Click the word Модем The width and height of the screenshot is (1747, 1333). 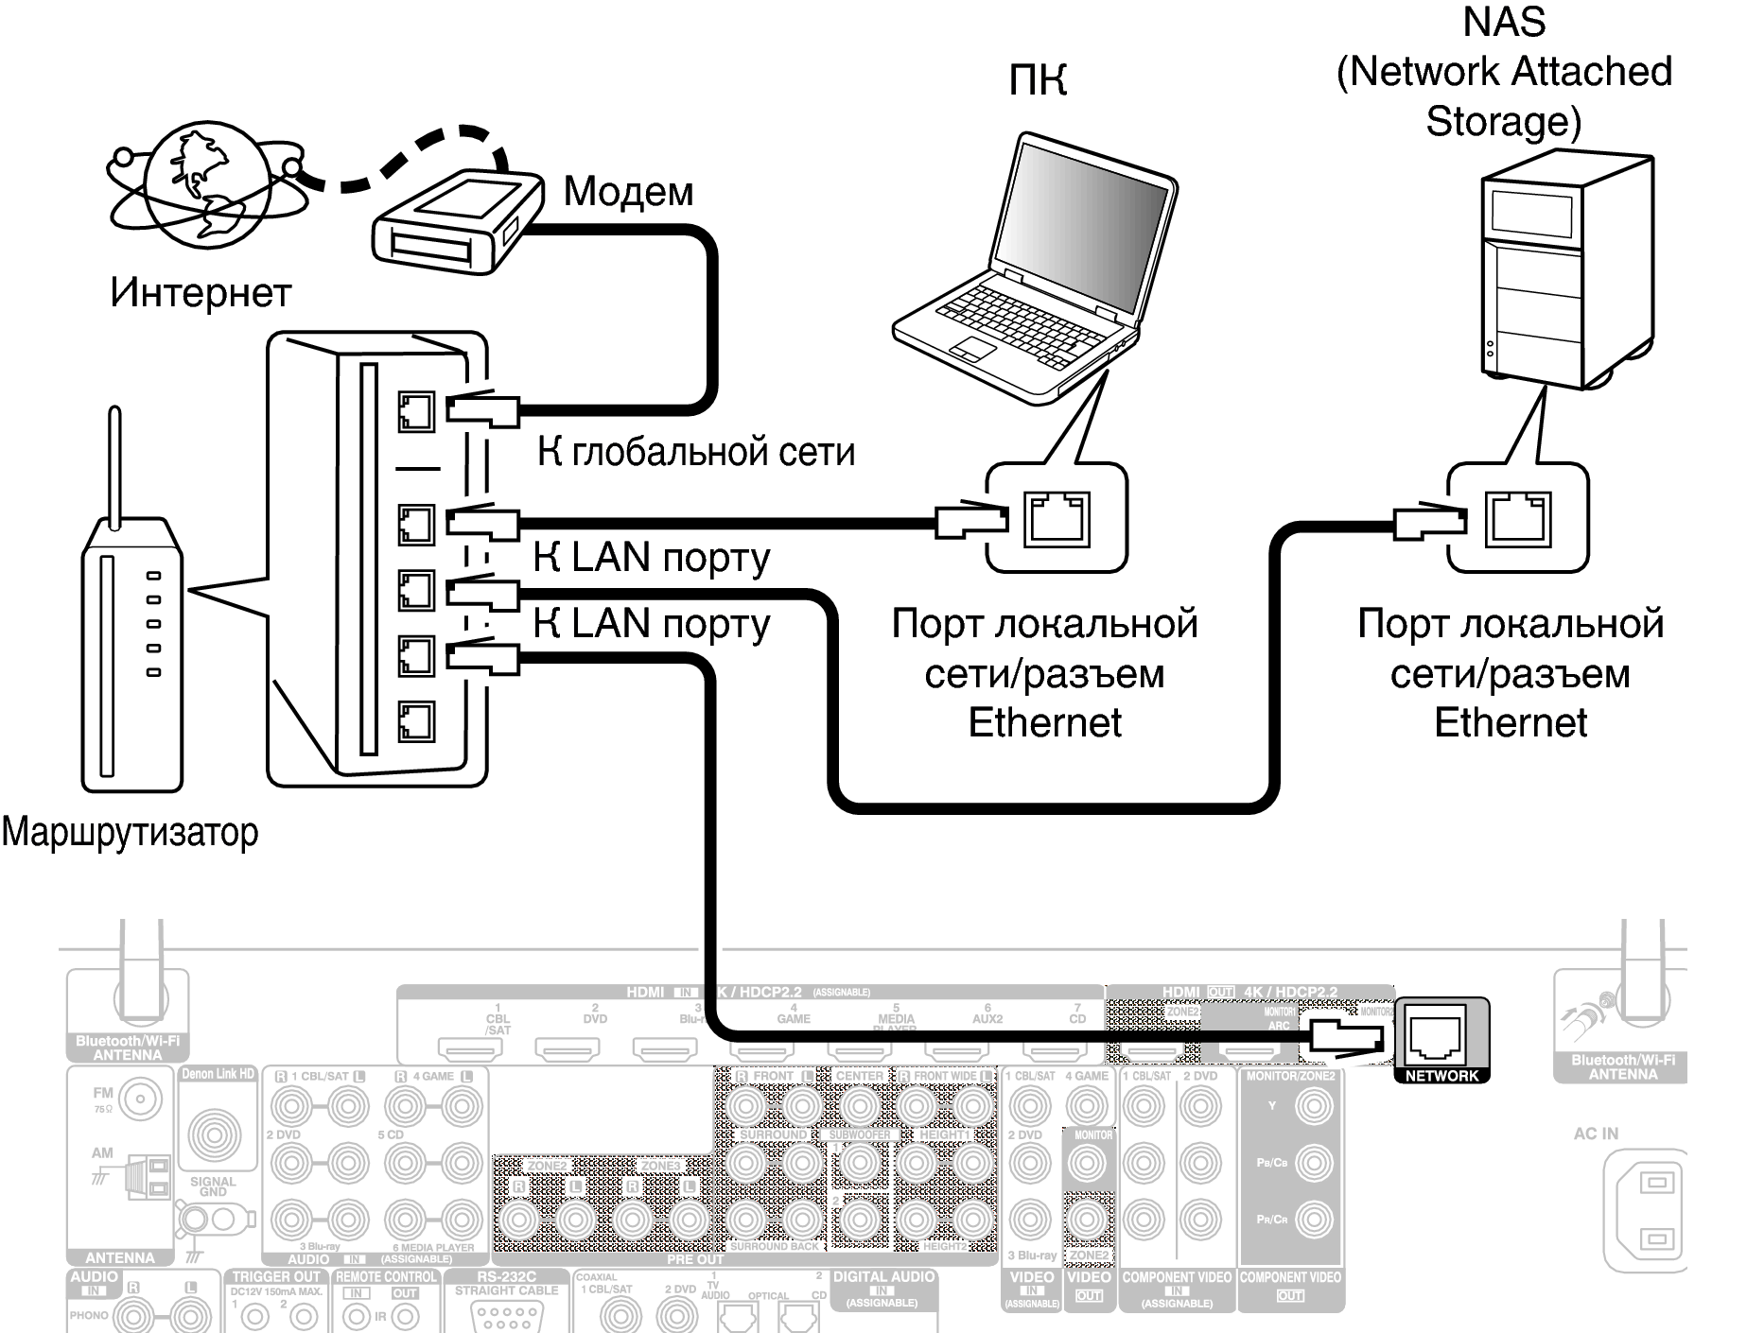pos(628,191)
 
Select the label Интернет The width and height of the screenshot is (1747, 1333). pos(201,291)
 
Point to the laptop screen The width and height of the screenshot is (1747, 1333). pos(1084,218)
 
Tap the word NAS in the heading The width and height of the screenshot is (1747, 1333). pos(1504,22)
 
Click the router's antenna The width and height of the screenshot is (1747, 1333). pos(115,468)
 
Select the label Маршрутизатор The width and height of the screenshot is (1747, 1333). pos(130,832)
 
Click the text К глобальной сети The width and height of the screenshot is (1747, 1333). pos(696,452)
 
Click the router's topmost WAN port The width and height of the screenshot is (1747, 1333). pos(415,411)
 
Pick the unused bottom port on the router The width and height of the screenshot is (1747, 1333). pos(415,722)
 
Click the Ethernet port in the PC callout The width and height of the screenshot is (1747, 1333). pos(1056,518)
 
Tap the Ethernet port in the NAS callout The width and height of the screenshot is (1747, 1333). pos(1517,518)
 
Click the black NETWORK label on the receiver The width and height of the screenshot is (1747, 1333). pos(1441,1076)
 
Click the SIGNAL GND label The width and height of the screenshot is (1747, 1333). pos(213,1186)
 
